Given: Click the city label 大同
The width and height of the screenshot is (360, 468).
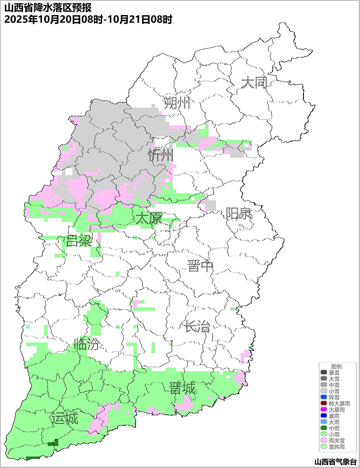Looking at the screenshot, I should (x=254, y=83).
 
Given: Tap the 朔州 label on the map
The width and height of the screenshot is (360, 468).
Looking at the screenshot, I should (x=177, y=103).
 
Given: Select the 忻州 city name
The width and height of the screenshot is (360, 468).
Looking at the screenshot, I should (x=161, y=155).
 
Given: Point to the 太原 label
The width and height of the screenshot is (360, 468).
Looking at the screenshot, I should (x=148, y=218).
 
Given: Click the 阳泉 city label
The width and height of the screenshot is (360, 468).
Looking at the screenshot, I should (x=239, y=214).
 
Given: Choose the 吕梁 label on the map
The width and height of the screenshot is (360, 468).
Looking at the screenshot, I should (x=79, y=241).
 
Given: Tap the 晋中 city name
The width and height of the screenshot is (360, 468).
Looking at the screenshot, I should (x=200, y=266).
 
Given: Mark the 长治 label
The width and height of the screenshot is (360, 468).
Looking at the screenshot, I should (x=197, y=327).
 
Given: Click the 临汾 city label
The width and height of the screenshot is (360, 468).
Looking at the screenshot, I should (x=87, y=344).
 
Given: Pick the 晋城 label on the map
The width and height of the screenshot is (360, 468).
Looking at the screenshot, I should (x=182, y=389).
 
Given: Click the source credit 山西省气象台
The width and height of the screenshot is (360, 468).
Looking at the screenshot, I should (x=335, y=462).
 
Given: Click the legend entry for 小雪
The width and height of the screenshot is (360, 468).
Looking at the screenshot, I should (x=334, y=391).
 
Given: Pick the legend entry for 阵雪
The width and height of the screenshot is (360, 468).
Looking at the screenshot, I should (x=334, y=397).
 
